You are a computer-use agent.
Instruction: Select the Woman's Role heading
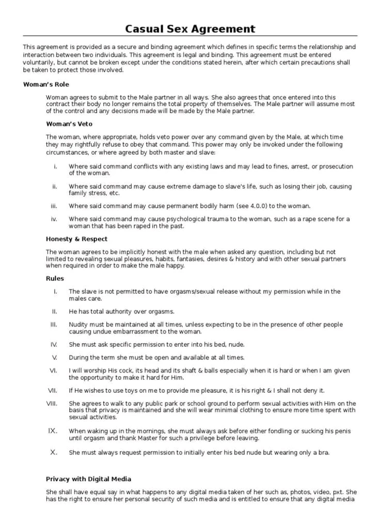[x=46, y=84]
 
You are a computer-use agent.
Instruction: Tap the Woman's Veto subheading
[x=69, y=124]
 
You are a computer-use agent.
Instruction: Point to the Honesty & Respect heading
[x=76, y=239]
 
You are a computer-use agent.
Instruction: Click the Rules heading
[x=55, y=279]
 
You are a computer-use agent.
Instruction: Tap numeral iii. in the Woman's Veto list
[x=54, y=206]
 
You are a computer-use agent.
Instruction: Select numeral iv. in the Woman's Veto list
[x=54, y=219]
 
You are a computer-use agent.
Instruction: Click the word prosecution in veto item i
[x=334, y=166]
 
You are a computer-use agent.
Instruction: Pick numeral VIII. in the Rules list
[x=52, y=404]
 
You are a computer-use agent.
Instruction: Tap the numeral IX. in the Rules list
[x=52, y=431]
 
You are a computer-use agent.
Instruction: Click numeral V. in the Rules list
[x=54, y=358]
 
